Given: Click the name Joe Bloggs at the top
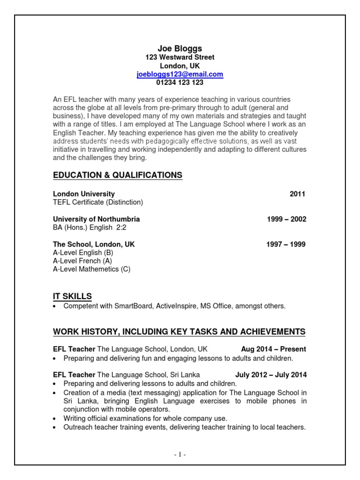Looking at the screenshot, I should (x=180, y=48).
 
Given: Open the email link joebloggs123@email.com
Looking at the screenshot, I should (x=180, y=74).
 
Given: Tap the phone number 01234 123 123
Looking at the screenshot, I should (x=180, y=82).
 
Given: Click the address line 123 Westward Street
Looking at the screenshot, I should (x=180, y=57).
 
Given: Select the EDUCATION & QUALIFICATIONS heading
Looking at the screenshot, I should (x=117, y=175).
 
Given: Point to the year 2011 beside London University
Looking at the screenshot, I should (x=297, y=194).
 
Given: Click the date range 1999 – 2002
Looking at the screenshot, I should (x=286, y=219).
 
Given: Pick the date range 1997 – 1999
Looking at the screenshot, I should (x=286, y=245).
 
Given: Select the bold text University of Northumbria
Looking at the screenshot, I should (x=96, y=219).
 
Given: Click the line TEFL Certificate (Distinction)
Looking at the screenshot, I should (x=97, y=202).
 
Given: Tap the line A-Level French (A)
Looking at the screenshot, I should (x=82, y=261).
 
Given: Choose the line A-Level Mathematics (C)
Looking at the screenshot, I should (x=91, y=270).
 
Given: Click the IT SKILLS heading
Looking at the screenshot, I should (x=72, y=296).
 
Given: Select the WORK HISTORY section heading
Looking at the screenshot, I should (x=179, y=332).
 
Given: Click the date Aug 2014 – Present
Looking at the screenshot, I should (x=273, y=349).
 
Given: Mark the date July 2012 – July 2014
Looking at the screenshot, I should (x=270, y=375).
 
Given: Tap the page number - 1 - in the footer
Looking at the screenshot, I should (x=180, y=454).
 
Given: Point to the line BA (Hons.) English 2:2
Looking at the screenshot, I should (x=90, y=228).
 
